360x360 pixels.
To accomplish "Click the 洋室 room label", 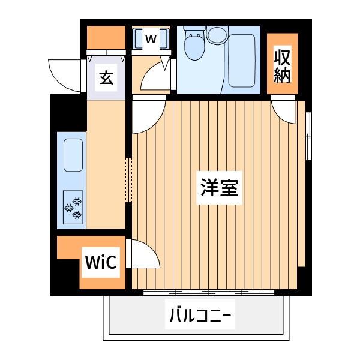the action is [x=219, y=187].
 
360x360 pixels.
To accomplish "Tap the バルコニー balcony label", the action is [x=200, y=315].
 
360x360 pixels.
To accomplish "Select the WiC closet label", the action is [x=101, y=262].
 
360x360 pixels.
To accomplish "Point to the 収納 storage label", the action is [x=282, y=67].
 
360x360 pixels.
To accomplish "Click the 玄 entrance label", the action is [x=106, y=77].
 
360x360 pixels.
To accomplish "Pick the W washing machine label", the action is [x=151, y=38].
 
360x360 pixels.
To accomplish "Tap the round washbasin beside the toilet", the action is [x=217, y=35].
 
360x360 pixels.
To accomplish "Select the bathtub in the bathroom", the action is [x=242, y=61].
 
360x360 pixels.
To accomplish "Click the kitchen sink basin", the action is [x=73, y=155].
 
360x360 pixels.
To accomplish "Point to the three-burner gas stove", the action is [x=73, y=208].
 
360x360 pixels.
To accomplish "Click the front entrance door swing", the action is [x=65, y=76].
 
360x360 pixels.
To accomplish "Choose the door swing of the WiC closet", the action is [x=142, y=253].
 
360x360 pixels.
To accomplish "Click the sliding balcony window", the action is [x=209, y=293].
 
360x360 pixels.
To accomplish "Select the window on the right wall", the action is [x=309, y=136].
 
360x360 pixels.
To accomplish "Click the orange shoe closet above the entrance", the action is [x=106, y=37].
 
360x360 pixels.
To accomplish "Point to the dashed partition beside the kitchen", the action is [x=128, y=180].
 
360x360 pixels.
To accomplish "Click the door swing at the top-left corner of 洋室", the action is [x=149, y=117].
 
